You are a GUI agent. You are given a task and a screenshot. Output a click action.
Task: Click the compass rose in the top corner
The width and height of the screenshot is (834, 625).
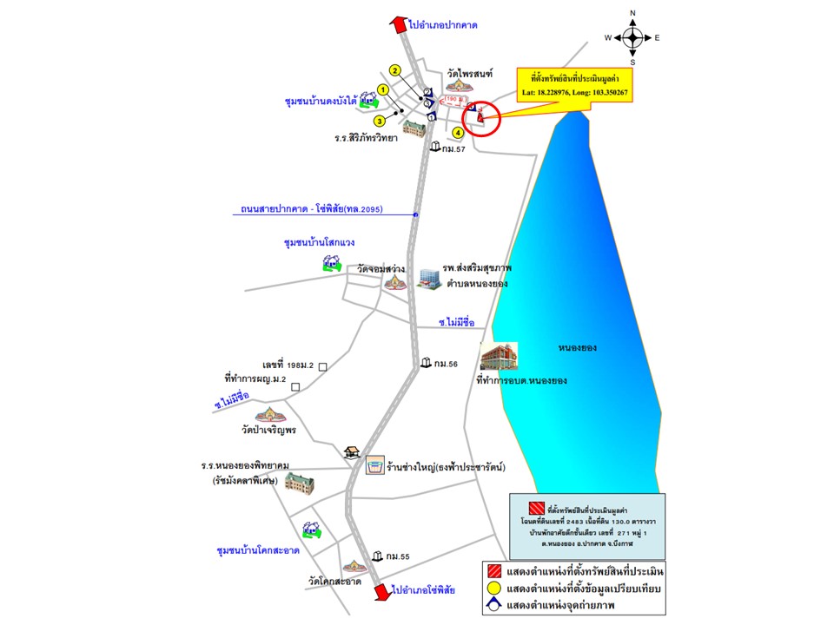632,37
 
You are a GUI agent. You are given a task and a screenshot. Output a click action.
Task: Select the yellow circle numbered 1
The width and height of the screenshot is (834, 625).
382,89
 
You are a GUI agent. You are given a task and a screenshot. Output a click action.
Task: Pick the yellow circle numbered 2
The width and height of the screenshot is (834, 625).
394,71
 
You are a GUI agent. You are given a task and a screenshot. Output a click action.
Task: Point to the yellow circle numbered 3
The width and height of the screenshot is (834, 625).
380,121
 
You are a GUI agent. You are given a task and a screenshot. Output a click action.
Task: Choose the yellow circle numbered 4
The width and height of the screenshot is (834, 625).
458,133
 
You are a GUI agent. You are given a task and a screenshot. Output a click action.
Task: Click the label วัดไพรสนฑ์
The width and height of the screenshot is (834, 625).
469,75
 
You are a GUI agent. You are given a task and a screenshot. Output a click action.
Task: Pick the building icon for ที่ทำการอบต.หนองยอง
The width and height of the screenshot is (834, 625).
499,357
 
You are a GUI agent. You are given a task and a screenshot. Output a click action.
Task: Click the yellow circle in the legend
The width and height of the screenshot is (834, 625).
493,589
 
